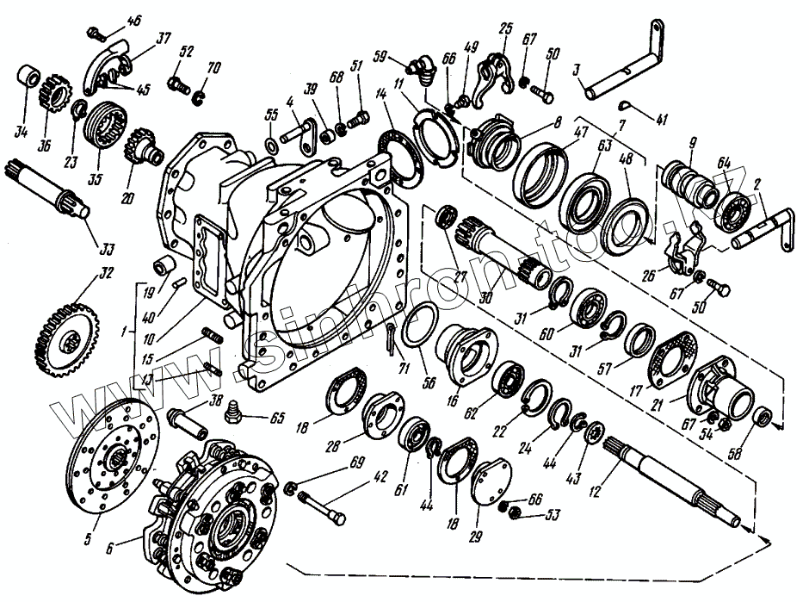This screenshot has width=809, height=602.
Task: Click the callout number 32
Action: (x=107, y=275)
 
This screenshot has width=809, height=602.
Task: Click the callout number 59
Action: (x=380, y=58)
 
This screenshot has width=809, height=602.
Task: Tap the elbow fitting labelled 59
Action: (x=421, y=68)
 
